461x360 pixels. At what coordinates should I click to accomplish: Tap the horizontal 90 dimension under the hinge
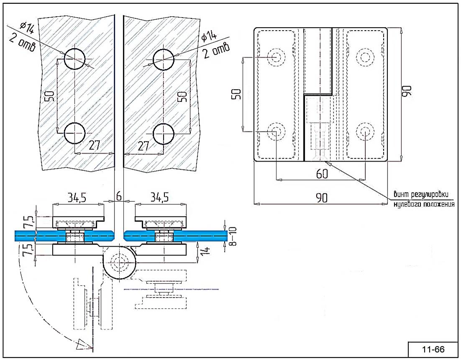[x=321, y=198]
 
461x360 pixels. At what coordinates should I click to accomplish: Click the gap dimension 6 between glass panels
[x=119, y=195]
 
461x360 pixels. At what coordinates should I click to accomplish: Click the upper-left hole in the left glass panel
[x=74, y=58]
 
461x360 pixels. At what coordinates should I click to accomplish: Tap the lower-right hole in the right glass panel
[x=163, y=134]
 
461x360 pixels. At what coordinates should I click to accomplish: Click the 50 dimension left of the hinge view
[x=236, y=95]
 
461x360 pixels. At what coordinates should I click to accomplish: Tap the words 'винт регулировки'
[x=421, y=194]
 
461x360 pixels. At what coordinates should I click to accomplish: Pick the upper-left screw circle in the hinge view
[x=276, y=57]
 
